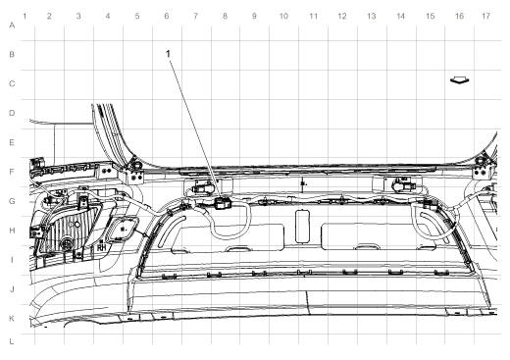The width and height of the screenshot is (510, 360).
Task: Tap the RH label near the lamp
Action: pyautogui.click(x=100, y=248)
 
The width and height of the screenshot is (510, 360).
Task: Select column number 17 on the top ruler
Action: pyautogui.click(x=486, y=17)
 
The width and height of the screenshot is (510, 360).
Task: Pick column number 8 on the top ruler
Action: pyautogui.click(x=225, y=17)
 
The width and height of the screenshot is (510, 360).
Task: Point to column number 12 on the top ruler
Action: pyautogui.click(x=341, y=17)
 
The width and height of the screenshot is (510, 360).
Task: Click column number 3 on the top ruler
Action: pyautogui.click(x=77, y=17)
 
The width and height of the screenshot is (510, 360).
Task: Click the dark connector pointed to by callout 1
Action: pyautogui.click(x=222, y=204)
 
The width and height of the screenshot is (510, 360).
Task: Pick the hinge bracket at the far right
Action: pyautogui.click(x=480, y=171)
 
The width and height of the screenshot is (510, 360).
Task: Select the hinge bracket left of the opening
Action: pyautogui.click(x=134, y=171)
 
